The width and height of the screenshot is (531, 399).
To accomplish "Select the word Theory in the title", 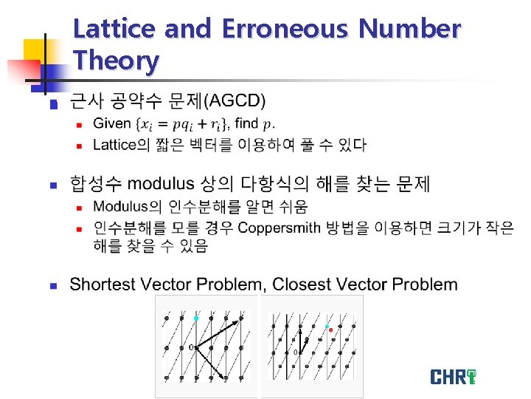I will coord(116,61).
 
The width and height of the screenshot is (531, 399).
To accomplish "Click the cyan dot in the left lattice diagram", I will coord(196,318).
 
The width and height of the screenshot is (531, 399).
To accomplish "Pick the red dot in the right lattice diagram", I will coord(331,330).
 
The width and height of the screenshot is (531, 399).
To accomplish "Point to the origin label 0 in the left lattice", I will coord(190,347).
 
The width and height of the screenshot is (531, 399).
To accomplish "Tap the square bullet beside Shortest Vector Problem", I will coord(52,285).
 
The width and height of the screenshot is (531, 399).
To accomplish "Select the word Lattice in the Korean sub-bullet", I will coord(115,144).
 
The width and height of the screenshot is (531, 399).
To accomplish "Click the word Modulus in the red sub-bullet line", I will coord(120,205).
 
